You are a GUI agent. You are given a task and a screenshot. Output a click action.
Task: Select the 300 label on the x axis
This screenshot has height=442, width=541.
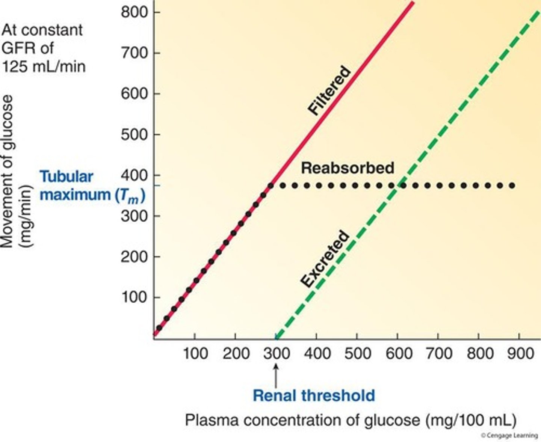click(x=277, y=354)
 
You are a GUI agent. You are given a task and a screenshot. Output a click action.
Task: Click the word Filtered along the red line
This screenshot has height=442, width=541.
click(x=329, y=90)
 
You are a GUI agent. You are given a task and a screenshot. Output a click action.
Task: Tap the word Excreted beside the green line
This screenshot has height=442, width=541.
click(x=325, y=259)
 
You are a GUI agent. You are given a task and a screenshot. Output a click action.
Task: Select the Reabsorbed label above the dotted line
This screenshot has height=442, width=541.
click(x=348, y=168)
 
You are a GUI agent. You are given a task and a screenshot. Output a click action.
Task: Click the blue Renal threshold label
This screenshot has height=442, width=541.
click(x=314, y=396)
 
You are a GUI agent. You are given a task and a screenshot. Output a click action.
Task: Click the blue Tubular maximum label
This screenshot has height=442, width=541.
click(x=92, y=186)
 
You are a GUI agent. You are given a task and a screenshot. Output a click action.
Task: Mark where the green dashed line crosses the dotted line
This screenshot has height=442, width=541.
click(x=401, y=185)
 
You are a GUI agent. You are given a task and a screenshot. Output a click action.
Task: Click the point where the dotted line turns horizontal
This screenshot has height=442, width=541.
click(x=270, y=186)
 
